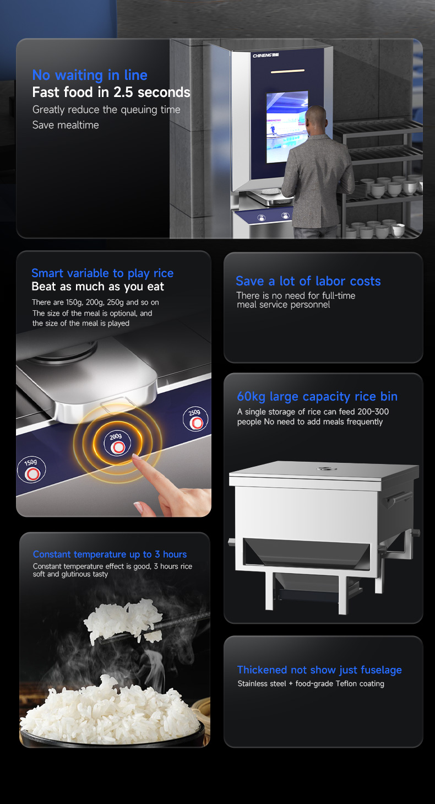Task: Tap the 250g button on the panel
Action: tap(195, 419)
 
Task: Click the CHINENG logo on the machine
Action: tap(266, 55)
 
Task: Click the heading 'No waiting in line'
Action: tap(90, 75)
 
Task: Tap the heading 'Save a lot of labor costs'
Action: tap(308, 281)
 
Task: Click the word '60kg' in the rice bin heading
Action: tap(251, 397)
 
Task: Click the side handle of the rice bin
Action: tap(398, 499)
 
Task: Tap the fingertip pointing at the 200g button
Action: tap(136, 457)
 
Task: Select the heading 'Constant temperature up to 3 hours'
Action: tap(110, 554)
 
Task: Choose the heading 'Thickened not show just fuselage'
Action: tap(319, 670)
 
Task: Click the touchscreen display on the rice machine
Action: tap(287, 127)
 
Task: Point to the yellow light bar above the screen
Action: tap(287, 72)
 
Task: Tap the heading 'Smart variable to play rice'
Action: tap(102, 273)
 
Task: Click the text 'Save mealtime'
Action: tap(66, 125)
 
